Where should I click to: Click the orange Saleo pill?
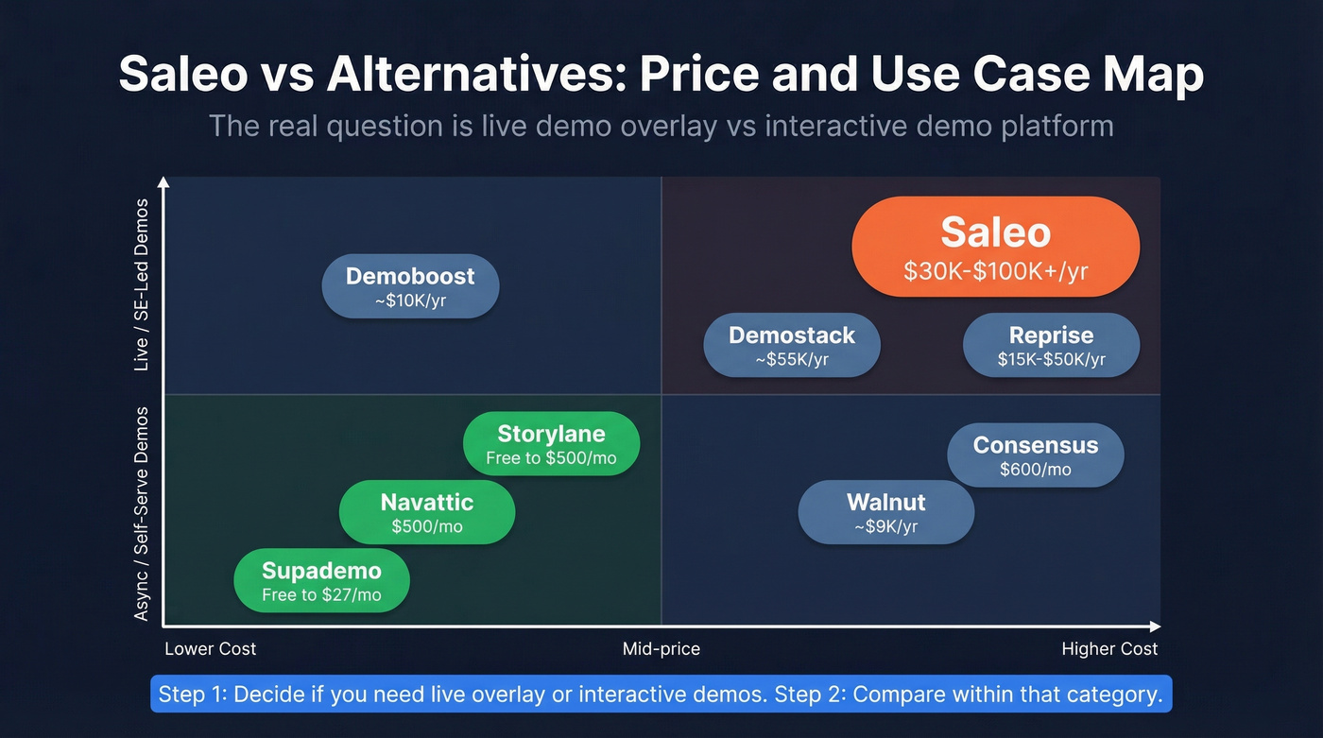pyautogui.click(x=995, y=248)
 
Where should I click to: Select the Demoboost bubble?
pyautogui.click(x=410, y=285)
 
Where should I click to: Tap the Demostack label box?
pyautogui.click(x=792, y=345)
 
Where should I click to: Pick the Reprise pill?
pyautogui.click(x=1051, y=345)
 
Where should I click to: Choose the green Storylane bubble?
pyautogui.click(x=551, y=443)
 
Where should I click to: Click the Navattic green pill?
pyautogui.click(x=427, y=512)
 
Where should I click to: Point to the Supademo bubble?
pyautogui.click(x=321, y=580)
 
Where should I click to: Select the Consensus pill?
pyautogui.click(x=1036, y=455)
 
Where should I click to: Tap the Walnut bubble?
pyautogui.click(x=885, y=512)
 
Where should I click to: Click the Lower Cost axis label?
pyautogui.click(x=210, y=649)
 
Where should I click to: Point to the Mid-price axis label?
pyautogui.click(x=661, y=649)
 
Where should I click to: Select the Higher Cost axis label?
pyautogui.click(x=1109, y=649)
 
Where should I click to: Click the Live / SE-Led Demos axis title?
pyautogui.click(x=142, y=284)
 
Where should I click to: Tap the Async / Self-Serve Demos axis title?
pyautogui.click(x=142, y=513)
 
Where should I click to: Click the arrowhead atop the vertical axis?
pyautogui.click(x=164, y=182)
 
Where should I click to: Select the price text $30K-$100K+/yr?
pyautogui.click(x=995, y=272)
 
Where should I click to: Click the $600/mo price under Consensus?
pyautogui.click(x=1036, y=469)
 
